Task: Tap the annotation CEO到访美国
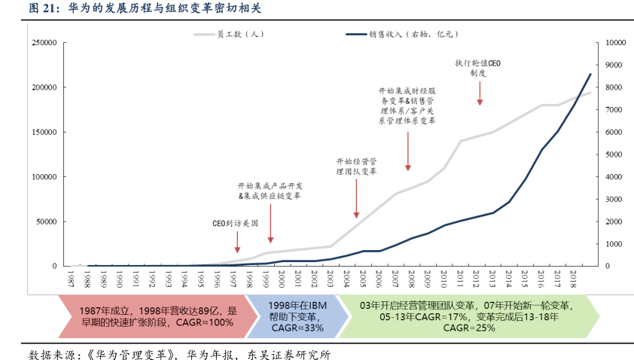click(x=235, y=224)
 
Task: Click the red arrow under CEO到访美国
click(x=237, y=245)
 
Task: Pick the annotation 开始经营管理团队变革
click(x=356, y=166)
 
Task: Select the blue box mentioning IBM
click(x=298, y=316)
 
